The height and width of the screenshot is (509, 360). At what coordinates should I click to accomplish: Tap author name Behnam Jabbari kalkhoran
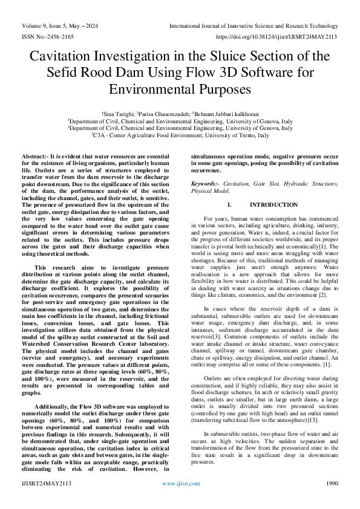tap(226, 114)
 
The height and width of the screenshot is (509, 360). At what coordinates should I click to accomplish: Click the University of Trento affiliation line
tap(180, 136)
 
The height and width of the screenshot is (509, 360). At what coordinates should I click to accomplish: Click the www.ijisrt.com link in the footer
tap(180, 484)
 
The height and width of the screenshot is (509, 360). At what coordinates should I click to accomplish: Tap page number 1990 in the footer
tap(332, 484)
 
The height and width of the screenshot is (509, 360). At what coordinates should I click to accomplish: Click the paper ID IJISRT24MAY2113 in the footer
tap(47, 484)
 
